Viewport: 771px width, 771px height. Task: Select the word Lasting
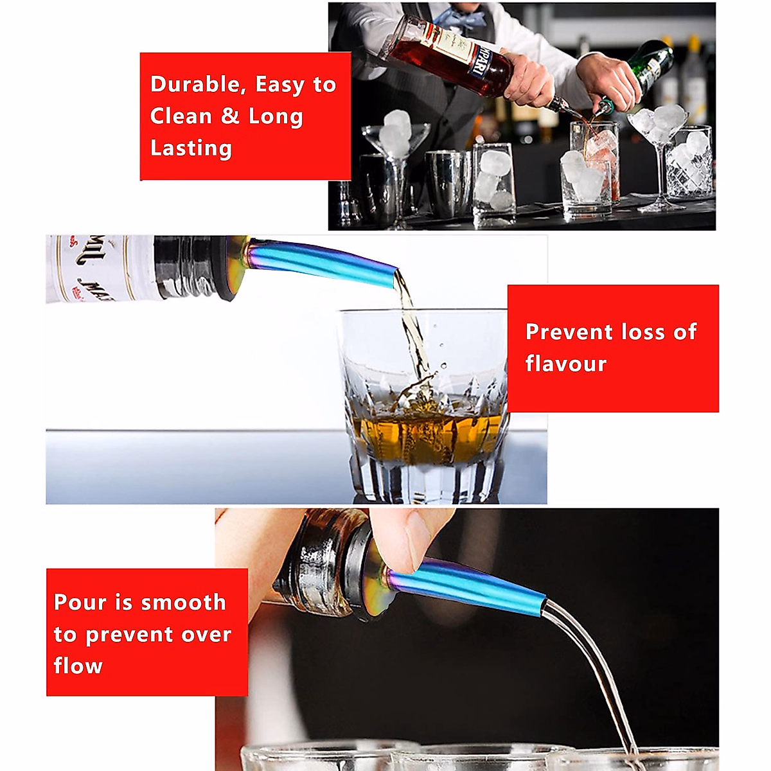(x=191, y=148)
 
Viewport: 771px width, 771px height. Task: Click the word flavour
(x=565, y=364)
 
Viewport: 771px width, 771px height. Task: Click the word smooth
(x=183, y=603)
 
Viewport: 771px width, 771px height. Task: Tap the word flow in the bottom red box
(x=78, y=666)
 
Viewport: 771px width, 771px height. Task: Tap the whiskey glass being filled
(x=424, y=405)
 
